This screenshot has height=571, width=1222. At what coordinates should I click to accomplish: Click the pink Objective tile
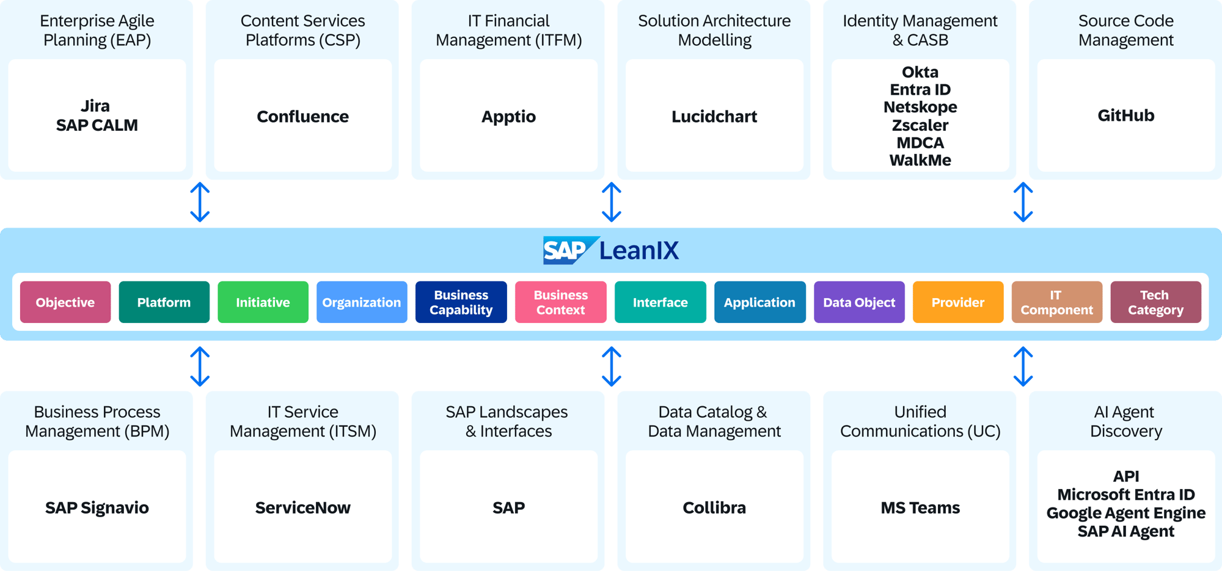tap(65, 302)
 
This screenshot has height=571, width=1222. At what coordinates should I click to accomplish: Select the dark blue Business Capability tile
tap(461, 302)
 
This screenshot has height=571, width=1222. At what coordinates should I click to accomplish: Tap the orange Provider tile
tap(957, 302)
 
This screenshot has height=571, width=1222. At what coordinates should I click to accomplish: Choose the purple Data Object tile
tap(858, 302)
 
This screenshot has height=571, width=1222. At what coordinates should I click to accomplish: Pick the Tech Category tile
tap(1155, 302)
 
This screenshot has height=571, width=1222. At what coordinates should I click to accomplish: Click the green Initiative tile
tap(263, 302)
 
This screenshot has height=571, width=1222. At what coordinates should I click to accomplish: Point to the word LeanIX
tap(638, 250)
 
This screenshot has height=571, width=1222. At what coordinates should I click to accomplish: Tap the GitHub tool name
tap(1125, 115)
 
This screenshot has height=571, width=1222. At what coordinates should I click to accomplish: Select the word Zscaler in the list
tap(920, 125)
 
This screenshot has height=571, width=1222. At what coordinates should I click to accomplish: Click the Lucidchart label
tap(714, 116)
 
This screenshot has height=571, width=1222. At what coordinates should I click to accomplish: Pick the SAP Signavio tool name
tap(97, 507)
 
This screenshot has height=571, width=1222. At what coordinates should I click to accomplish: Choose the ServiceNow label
tap(302, 507)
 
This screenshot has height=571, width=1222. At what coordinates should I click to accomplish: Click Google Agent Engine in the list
tap(1125, 513)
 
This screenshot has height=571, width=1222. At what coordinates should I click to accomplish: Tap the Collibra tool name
tap(714, 507)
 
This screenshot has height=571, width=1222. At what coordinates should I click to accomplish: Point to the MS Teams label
tap(920, 507)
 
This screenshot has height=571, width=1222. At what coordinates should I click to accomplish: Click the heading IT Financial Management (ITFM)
tap(508, 31)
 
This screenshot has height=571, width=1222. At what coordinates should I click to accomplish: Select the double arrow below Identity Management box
tap(1023, 202)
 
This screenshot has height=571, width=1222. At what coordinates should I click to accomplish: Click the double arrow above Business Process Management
tap(200, 366)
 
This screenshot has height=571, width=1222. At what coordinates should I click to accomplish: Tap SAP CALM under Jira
tap(97, 125)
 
